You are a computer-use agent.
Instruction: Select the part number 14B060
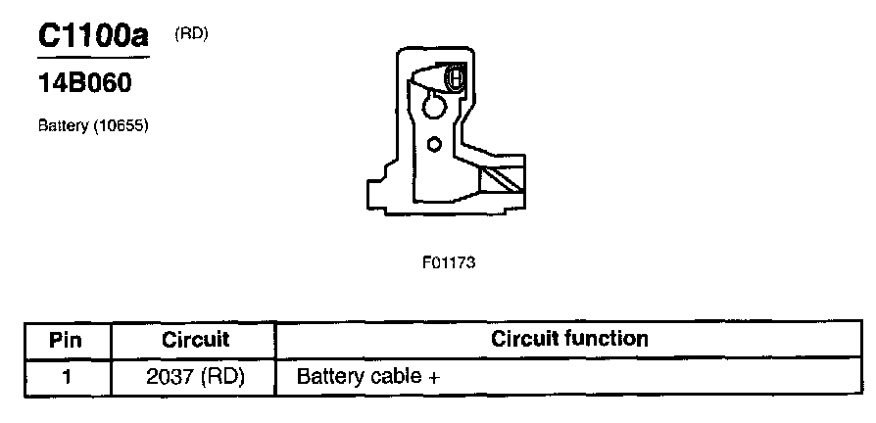[84, 84]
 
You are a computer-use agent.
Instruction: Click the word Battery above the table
[63, 126]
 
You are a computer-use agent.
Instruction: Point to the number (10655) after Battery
[121, 126]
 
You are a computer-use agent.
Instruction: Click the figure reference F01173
[449, 262]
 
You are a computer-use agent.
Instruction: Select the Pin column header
[66, 340]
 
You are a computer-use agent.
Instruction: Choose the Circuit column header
[195, 340]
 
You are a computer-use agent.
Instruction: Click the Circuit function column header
[569, 339]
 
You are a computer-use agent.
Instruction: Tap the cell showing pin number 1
[66, 376]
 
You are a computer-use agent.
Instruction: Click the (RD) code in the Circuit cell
[221, 376]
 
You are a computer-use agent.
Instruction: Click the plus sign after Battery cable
[432, 377]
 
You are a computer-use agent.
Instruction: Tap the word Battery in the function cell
[329, 376]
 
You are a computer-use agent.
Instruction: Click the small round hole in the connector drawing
[435, 144]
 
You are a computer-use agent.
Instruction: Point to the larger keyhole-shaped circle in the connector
[432, 103]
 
